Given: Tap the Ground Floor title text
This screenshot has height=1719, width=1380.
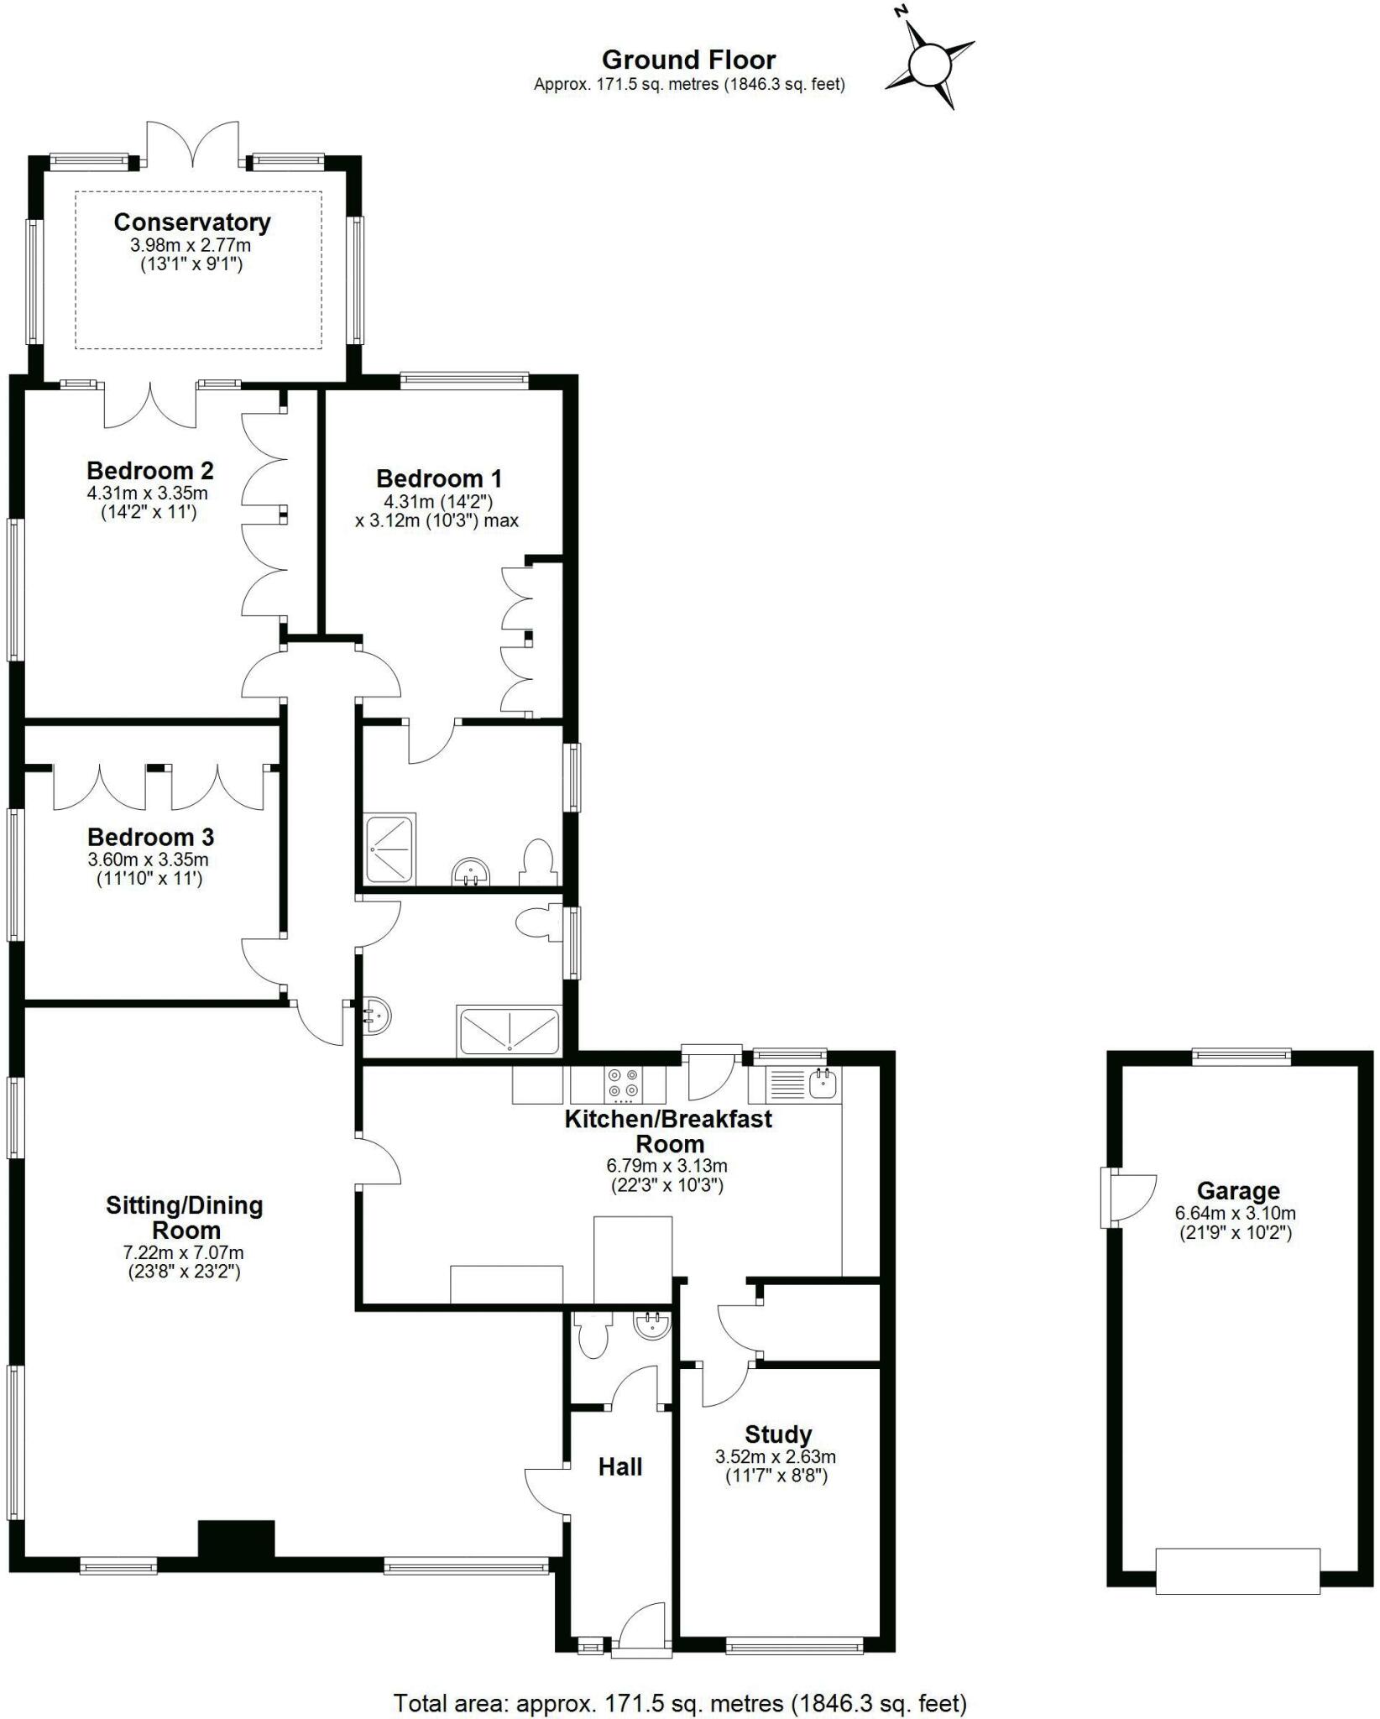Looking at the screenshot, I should click(x=688, y=60).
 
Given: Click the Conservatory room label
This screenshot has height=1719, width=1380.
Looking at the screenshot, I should click(x=192, y=222).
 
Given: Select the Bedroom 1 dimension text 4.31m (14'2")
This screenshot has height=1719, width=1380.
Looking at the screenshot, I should click(x=438, y=501).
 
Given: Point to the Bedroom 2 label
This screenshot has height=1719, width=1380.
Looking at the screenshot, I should click(x=150, y=470).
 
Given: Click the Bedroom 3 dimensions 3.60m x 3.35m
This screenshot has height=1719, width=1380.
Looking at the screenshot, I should click(x=148, y=859).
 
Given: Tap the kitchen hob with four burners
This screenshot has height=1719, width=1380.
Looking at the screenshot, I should click(x=623, y=1083).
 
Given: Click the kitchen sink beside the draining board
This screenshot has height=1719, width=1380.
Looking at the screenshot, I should click(x=823, y=1084).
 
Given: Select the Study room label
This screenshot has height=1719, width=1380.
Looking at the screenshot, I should click(x=778, y=1434).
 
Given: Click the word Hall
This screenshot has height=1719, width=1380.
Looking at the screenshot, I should click(x=620, y=1466).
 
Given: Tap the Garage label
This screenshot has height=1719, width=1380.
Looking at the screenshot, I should click(x=1238, y=1190).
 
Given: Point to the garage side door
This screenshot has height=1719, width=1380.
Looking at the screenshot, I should click(x=1129, y=1197).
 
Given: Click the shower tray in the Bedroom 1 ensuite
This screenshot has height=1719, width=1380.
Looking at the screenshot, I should click(x=389, y=848).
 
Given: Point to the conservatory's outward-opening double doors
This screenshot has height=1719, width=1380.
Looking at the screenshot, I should click(x=194, y=143).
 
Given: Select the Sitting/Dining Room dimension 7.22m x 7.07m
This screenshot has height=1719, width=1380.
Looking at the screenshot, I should click(x=185, y=1252).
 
